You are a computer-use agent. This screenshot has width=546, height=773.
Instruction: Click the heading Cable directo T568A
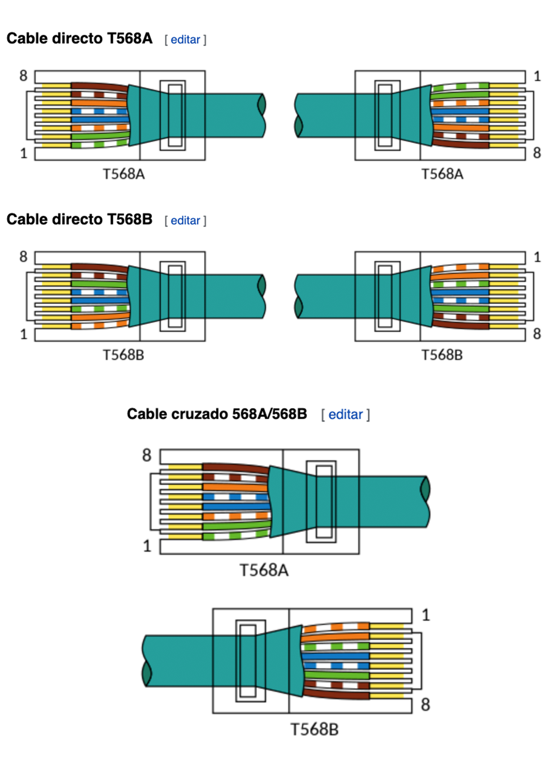[x=79, y=38]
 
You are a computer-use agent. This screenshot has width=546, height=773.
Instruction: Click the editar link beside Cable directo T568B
[x=185, y=221]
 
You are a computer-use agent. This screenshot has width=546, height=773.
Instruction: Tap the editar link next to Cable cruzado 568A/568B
[x=345, y=414]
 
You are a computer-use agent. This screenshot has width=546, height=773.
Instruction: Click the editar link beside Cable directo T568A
[x=185, y=40]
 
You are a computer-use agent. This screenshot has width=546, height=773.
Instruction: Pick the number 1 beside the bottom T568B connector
[x=426, y=615]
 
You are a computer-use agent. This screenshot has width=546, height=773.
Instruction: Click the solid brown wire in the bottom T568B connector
[x=336, y=695]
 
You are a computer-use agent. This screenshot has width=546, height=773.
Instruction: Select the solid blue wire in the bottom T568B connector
[x=336, y=656]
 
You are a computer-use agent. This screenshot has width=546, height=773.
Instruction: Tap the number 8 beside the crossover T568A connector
[x=147, y=455]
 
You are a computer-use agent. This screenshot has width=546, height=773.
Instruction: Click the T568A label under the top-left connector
[x=124, y=174]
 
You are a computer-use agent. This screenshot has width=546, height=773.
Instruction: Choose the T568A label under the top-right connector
[x=442, y=174]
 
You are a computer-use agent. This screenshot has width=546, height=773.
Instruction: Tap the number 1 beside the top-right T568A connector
[x=537, y=76]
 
